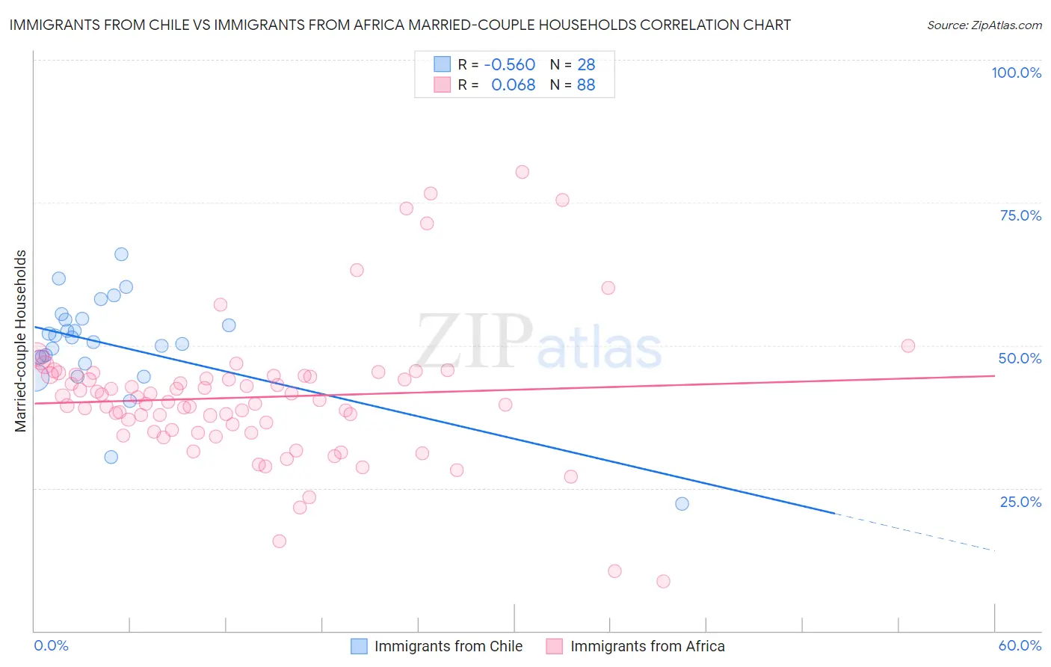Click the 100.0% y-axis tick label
click(1016, 73)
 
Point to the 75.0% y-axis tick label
click(1020, 215)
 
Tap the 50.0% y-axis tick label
click(1020, 358)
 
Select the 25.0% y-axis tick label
click(1020, 501)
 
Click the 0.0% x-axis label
click(51, 645)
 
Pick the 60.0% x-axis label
click(1020, 645)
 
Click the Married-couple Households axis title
click(21, 341)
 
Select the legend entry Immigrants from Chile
click(437, 646)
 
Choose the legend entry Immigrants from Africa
click(635, 646)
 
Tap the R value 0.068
click(513, 85)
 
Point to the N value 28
click(586, 64)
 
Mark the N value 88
click(586, 85)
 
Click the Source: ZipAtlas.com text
click(984, 25)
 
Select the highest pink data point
click(522, 172)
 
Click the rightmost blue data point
click(682, 504)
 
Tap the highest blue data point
click(121, 254)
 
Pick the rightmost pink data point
click(908, 345)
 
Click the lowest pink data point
click(663, 581)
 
